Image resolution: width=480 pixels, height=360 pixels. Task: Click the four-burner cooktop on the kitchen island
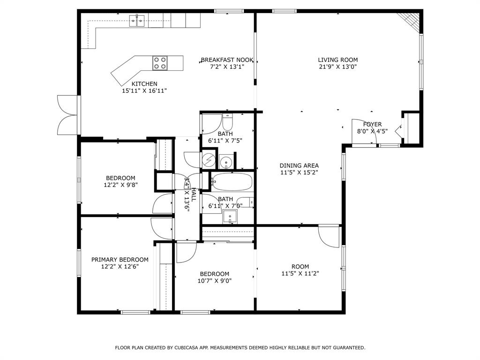click(x=160, y=63)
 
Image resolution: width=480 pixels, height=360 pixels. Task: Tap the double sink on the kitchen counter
click(x=137, y=20)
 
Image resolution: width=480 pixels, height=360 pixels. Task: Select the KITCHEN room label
click(x=144, y=84)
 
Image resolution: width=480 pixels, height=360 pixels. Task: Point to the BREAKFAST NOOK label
click(x=227, y=60)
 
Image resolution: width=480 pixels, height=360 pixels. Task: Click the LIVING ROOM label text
click(x=337, y=60)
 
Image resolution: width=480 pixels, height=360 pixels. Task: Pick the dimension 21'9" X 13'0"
click(x=337, y=67)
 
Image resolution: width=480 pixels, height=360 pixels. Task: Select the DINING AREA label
click(x=299, y=165)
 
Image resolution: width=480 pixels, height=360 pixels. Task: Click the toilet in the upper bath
click(x=227, y=123)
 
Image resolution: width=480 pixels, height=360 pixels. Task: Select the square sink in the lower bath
click(x=230, y=217)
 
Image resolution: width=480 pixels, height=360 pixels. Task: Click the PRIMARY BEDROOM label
click(x=120, y=260)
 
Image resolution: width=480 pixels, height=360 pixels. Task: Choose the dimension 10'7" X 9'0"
click(x=215, y=281)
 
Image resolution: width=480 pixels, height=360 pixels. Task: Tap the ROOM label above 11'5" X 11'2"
click(x=300, y=267)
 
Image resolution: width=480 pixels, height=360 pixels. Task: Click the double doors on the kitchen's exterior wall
click(x=67, y=114)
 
